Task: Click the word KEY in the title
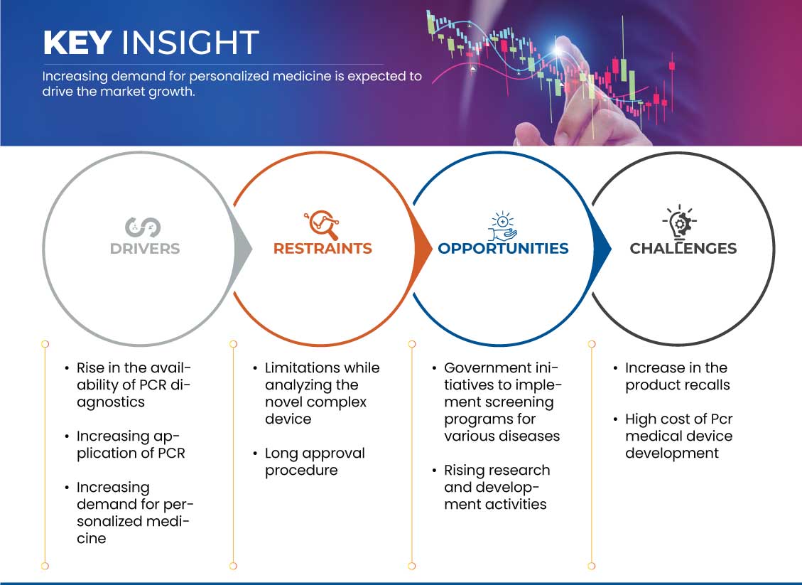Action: (77, 42)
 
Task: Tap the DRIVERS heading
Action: (145, 249)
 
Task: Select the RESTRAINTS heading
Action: (323, 249)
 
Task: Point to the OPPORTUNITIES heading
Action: (504, 249)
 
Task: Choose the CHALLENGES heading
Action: (683, 249)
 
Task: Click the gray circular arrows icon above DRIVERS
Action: (143, 227)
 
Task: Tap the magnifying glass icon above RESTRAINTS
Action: (322, 225)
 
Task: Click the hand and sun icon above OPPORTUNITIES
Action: (502, 226)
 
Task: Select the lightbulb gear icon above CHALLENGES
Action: (679, 222)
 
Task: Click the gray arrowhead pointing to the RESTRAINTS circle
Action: (244, 249)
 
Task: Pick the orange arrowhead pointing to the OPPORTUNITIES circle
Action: (423, 249)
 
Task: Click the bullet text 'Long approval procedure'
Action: (315, 461)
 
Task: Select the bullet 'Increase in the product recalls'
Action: (678, 376)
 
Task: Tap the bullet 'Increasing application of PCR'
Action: (131, 445)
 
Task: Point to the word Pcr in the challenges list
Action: (722, 419)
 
